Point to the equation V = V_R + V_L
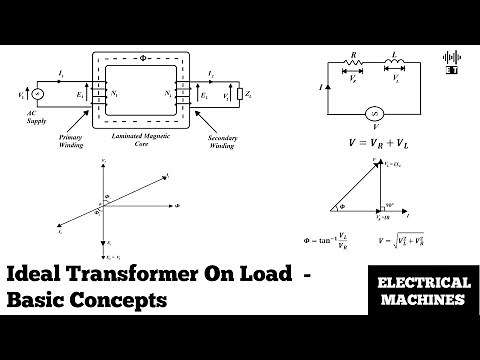374,144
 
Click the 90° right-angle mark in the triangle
385,205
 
